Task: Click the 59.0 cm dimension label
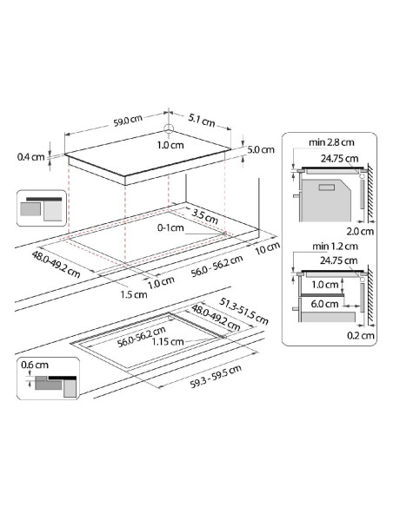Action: [x=128, y=121]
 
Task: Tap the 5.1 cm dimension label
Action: [x=202, y=121]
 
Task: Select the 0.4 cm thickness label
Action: [x=31, y=157]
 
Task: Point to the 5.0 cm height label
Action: [x=261, y=149]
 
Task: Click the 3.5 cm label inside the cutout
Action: [x=204, y=216]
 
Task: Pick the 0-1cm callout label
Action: [x=170, y=228]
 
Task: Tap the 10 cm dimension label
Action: [x=268, y=248]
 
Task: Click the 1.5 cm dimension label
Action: [x=134, y=294]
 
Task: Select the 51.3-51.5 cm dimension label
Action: [x=243, y=311]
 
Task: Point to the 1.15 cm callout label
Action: [x=168, y=341]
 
